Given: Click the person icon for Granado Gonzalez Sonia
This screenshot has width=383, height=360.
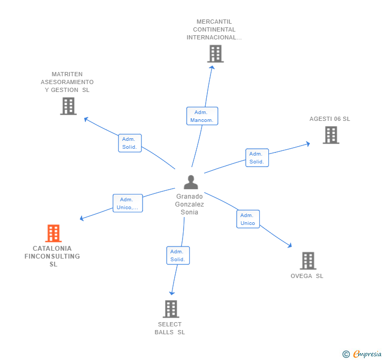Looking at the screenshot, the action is (190, 182).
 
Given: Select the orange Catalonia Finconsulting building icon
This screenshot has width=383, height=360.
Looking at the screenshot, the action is (53, 233).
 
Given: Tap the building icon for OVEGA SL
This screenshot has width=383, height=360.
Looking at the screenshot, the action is (308, 261).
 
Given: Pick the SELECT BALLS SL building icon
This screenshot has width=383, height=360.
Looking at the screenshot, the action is (170, 309).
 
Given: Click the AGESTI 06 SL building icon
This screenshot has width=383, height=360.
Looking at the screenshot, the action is (330, 135).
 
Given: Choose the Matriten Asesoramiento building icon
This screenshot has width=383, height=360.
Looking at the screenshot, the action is (68, 106).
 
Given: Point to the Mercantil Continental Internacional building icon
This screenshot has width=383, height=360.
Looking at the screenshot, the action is (215, 54).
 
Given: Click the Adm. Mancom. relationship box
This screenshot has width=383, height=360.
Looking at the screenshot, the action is (202, 116).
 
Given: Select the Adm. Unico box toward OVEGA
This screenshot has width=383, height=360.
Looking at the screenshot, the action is (248, 219).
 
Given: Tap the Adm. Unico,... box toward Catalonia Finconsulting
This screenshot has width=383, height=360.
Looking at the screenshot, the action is (127, 203).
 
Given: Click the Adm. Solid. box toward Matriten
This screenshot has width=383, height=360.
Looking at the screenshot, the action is (129, 143).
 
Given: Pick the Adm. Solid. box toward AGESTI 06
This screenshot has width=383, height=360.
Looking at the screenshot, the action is (257, 158).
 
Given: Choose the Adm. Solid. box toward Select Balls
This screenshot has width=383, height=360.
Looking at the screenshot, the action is (177, 255).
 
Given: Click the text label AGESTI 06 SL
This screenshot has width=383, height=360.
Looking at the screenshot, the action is (329, 119).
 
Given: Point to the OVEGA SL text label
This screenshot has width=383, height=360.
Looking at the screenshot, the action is (307, 276).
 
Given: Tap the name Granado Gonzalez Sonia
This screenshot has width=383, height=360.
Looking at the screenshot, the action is (189, 204).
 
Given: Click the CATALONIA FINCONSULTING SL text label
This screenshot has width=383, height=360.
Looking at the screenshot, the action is (53, 256).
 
